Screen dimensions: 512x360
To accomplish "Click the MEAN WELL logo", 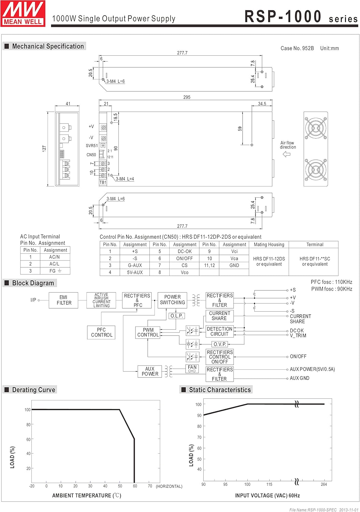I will (x=23, y=13).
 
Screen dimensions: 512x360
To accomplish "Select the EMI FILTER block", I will (x=64, y=300).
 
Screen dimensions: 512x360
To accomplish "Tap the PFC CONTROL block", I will (x=101, y=332).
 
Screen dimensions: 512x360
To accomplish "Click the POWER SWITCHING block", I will (x=172, y=300).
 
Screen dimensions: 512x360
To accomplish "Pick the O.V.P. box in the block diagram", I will (x=220, y=344).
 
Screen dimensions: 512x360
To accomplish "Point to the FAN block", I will (x=192, y=368).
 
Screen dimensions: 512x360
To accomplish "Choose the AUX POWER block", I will (x=150, y=371).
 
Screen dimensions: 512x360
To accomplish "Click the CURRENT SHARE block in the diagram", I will (x=219, y=316).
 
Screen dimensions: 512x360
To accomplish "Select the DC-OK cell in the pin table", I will (x=185, y=251).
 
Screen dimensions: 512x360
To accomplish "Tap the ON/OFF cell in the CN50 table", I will (x=185, y=258).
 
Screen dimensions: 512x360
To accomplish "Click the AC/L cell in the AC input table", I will (x=54, y=264).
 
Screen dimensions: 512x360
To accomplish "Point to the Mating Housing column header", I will (x=269, y=244).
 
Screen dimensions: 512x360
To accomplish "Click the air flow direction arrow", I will (x=287, y=154).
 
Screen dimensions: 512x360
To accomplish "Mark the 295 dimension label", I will (x=187, y=97).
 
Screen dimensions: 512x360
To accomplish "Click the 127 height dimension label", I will (x=44, y=148).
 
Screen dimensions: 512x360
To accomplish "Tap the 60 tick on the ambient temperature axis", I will (x=135, y=486).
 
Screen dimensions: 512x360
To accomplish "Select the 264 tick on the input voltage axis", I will (x=324, y=484).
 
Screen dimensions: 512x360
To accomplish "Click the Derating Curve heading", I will (x=33, y=390).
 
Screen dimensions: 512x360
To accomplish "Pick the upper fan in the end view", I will (x=316, y=128).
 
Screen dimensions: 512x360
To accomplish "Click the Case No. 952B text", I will (x=297, y=48).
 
